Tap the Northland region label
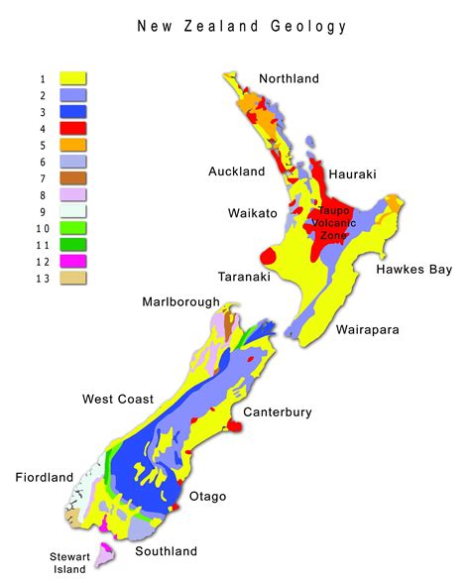coord(289,79)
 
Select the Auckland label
coord(237,172)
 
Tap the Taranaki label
coord(245,278)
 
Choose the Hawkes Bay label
coord(413,269)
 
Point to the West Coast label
coord(118,400)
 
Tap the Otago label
coord(208,496)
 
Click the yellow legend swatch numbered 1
coord(73,77)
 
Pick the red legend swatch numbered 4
coord(73,128)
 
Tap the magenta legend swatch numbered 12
coord(73,262)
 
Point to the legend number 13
coord(39,279)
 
